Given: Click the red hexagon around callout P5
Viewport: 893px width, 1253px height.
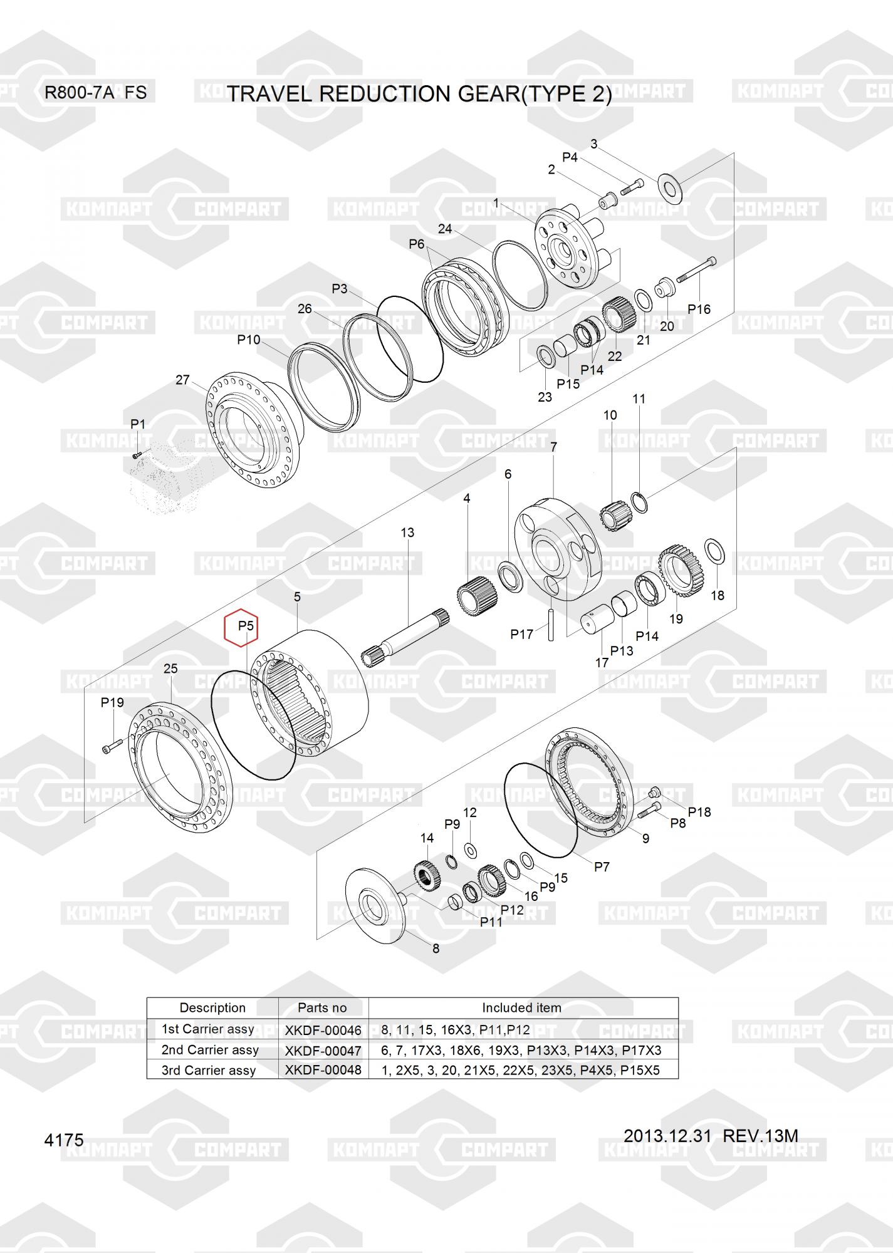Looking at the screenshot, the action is click(x=241, y=626).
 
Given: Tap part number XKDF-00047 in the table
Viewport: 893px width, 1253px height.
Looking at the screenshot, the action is click(x=323, y=1050).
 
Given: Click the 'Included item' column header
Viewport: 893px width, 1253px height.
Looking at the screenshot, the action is click(x=521, y=1007).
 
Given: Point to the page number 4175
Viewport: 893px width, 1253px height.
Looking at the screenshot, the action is click(x=64, y=1140).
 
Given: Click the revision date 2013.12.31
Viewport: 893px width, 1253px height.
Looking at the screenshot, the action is click(x=667, y=1135).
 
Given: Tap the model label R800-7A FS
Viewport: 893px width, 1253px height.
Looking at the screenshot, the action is click(x=95, y=93).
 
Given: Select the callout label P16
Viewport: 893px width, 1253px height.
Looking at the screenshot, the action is click(x=699, y=309).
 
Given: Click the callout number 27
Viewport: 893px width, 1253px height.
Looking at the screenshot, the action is click(x=182, y=380).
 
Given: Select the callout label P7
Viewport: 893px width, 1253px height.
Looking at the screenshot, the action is click(x=602, y=866).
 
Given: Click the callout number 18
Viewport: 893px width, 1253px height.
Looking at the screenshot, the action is click(x=718, y=595).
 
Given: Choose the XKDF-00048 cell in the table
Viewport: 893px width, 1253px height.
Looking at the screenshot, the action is click(x=323, y=1070).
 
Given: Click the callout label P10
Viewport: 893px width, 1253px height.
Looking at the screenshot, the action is click(x=248, y=340).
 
